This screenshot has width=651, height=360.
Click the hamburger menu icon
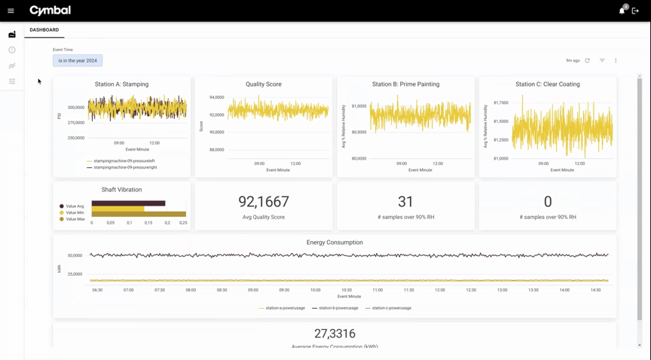[11, 11]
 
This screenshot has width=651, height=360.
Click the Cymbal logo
[50, 11]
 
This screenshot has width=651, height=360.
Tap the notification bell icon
[622, 11]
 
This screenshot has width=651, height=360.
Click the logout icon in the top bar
[635, 11]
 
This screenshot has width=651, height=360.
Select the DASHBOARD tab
[44, 30]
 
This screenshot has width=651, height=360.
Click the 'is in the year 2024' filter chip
[78, 60]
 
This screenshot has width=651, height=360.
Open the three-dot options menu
[616, 60]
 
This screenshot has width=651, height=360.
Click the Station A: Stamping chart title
[121, 84]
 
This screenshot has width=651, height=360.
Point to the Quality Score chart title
[264, 84]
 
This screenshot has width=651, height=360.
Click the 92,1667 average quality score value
[264, 202]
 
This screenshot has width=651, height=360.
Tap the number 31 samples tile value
[405, 202]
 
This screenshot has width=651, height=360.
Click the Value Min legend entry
[72, 213]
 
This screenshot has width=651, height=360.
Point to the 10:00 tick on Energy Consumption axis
[315, 290]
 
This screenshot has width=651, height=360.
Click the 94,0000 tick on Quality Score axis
[216, 98]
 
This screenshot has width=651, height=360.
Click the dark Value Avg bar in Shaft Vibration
[128, 203]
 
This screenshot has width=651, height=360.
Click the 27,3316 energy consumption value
[335, 334]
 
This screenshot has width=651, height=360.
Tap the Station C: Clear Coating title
[548, 84]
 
